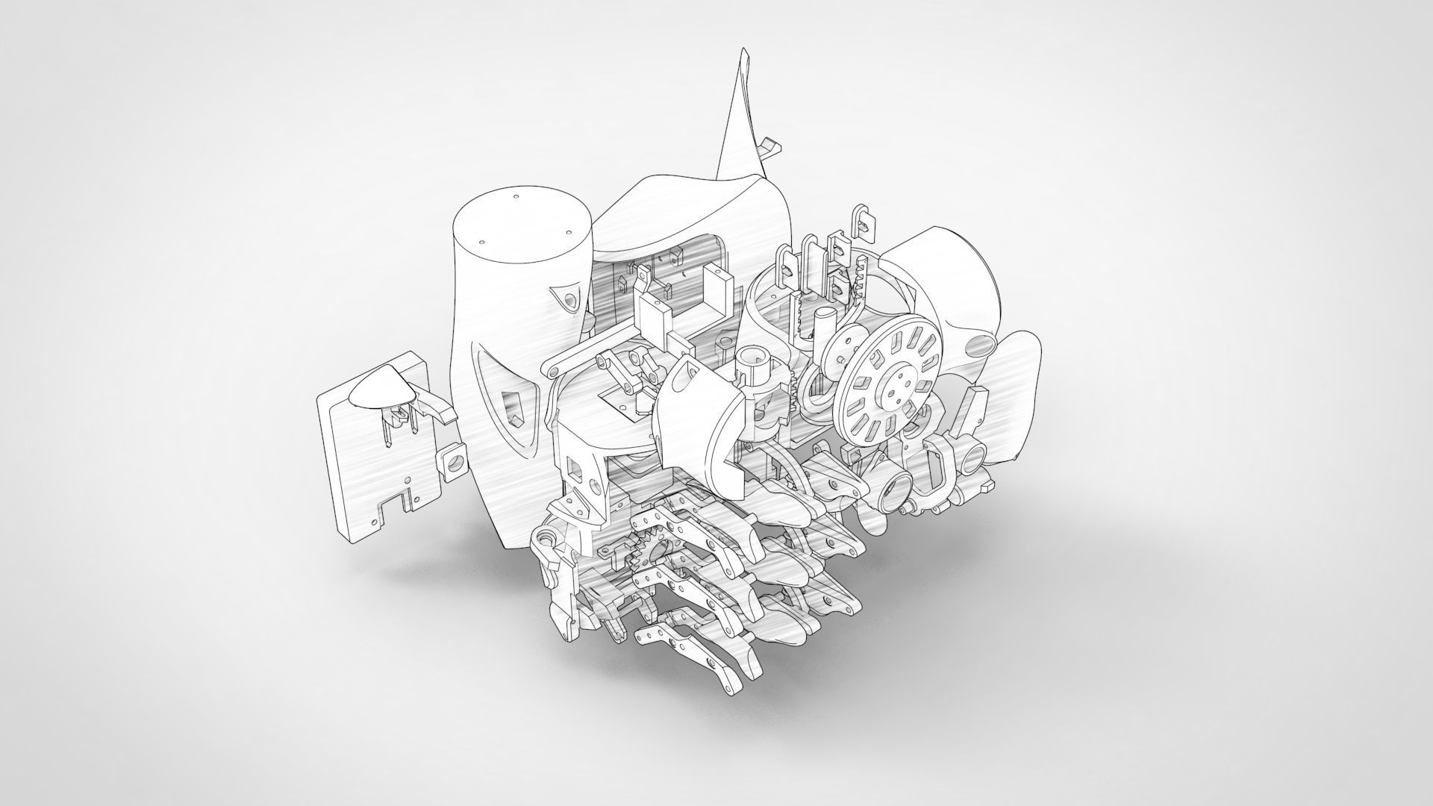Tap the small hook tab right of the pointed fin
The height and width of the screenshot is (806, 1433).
click(770, 147)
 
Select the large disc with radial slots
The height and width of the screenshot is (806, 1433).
click(889, 381)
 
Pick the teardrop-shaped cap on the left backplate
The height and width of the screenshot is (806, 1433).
click(381, 388)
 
